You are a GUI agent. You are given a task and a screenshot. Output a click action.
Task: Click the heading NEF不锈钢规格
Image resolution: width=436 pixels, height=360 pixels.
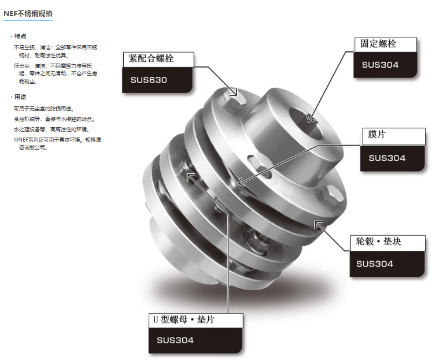click(28, 14)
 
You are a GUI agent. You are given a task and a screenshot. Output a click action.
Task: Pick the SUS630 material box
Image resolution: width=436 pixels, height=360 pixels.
click(157, 80)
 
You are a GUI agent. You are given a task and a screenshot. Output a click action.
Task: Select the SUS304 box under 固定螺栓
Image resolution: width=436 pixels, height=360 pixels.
click(385, 65)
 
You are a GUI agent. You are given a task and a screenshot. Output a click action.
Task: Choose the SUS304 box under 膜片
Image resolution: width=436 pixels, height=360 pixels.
click(393, 158)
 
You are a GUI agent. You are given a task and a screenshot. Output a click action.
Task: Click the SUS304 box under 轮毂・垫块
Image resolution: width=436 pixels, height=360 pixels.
click(387, 264)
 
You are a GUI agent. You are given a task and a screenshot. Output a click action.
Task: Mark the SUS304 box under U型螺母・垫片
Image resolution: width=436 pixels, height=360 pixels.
click(195, 340)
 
